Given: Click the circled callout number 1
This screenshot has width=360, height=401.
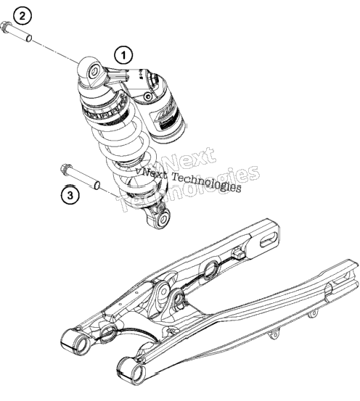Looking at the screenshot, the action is click(x=123, y=55).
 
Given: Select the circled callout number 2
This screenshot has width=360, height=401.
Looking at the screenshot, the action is click(x=22, y=16).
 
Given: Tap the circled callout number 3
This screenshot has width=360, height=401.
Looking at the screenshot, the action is click(x=70, y=195).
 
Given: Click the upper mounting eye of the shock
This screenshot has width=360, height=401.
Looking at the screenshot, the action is click(x=94, y=71).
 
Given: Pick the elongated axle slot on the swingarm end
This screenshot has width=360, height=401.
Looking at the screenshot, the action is click(x=269, y=240).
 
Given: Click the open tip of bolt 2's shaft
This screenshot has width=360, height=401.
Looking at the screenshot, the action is click(x=29, y=38).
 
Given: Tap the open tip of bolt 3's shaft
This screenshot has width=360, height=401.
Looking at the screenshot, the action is click(x=97, y=186).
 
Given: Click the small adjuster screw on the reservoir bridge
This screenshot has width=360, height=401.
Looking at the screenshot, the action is click(x=148, y=96).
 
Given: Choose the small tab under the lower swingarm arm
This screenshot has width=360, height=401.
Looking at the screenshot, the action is click(x=274, y=335).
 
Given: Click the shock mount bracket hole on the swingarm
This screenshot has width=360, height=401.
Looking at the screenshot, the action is click(x=179, y=299).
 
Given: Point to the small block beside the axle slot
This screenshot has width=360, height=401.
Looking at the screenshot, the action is click(x=239, y=254).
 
